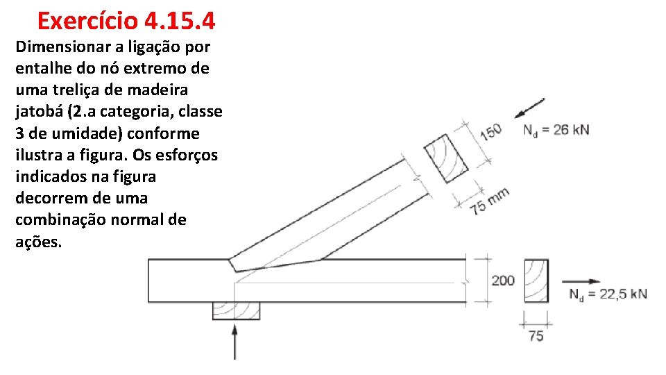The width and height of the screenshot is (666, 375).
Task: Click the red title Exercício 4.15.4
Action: click(x=126, y=21)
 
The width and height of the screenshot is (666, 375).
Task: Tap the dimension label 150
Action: click(x=490, y=132)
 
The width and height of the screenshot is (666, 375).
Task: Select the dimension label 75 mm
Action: click(x=489, y=201)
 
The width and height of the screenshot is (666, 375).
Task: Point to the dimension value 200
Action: click(x=503, y=281)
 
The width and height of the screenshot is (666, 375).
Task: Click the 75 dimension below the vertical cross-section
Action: click(x=536, y=336)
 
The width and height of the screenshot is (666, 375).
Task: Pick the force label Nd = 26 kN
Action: click(x=556, y=130)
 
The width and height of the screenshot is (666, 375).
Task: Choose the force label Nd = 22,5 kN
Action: click(x=608, y=294)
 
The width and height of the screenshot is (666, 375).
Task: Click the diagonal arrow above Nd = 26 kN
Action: click(x=529, y=108)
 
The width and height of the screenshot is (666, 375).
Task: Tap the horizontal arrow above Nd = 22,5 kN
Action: click(x=581, y=281)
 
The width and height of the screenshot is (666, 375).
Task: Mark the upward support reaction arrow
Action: click(x=234, y=342)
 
